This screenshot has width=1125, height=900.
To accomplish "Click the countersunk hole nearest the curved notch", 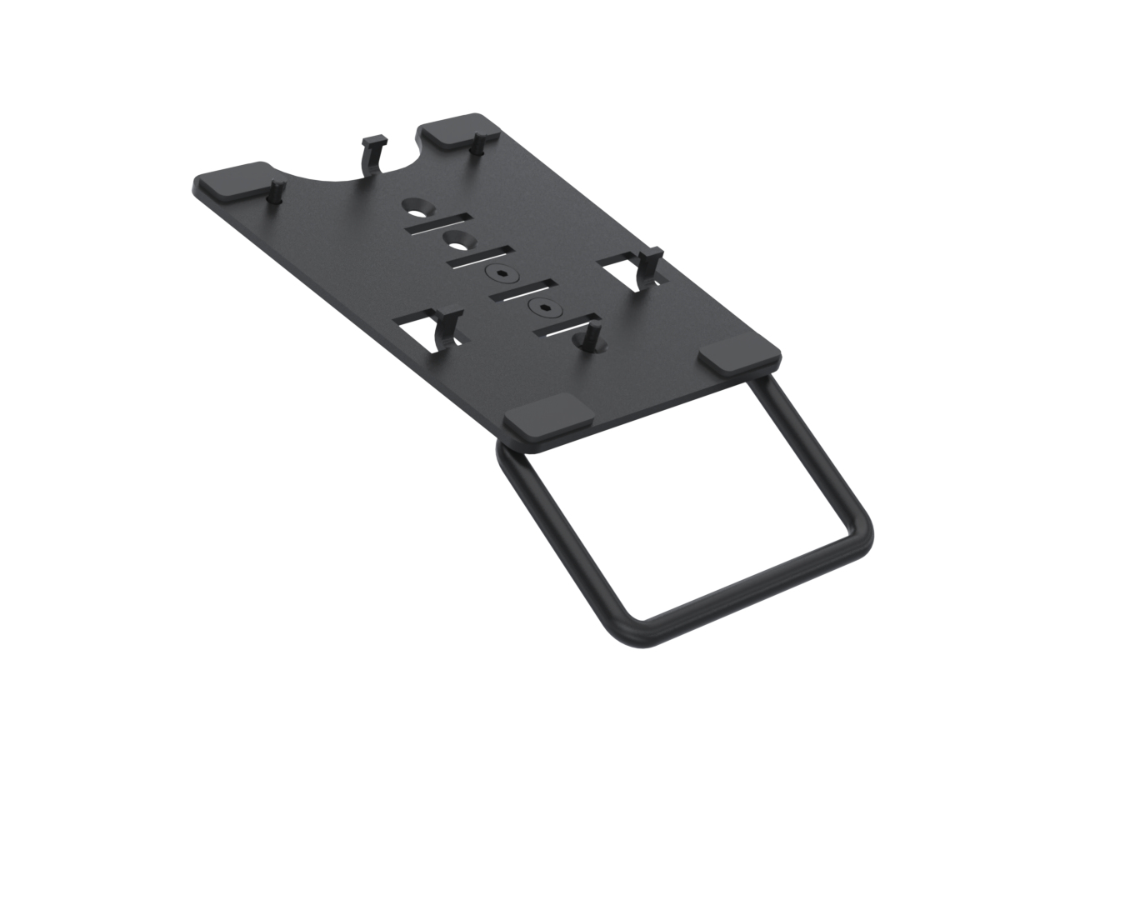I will click(416, 204).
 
